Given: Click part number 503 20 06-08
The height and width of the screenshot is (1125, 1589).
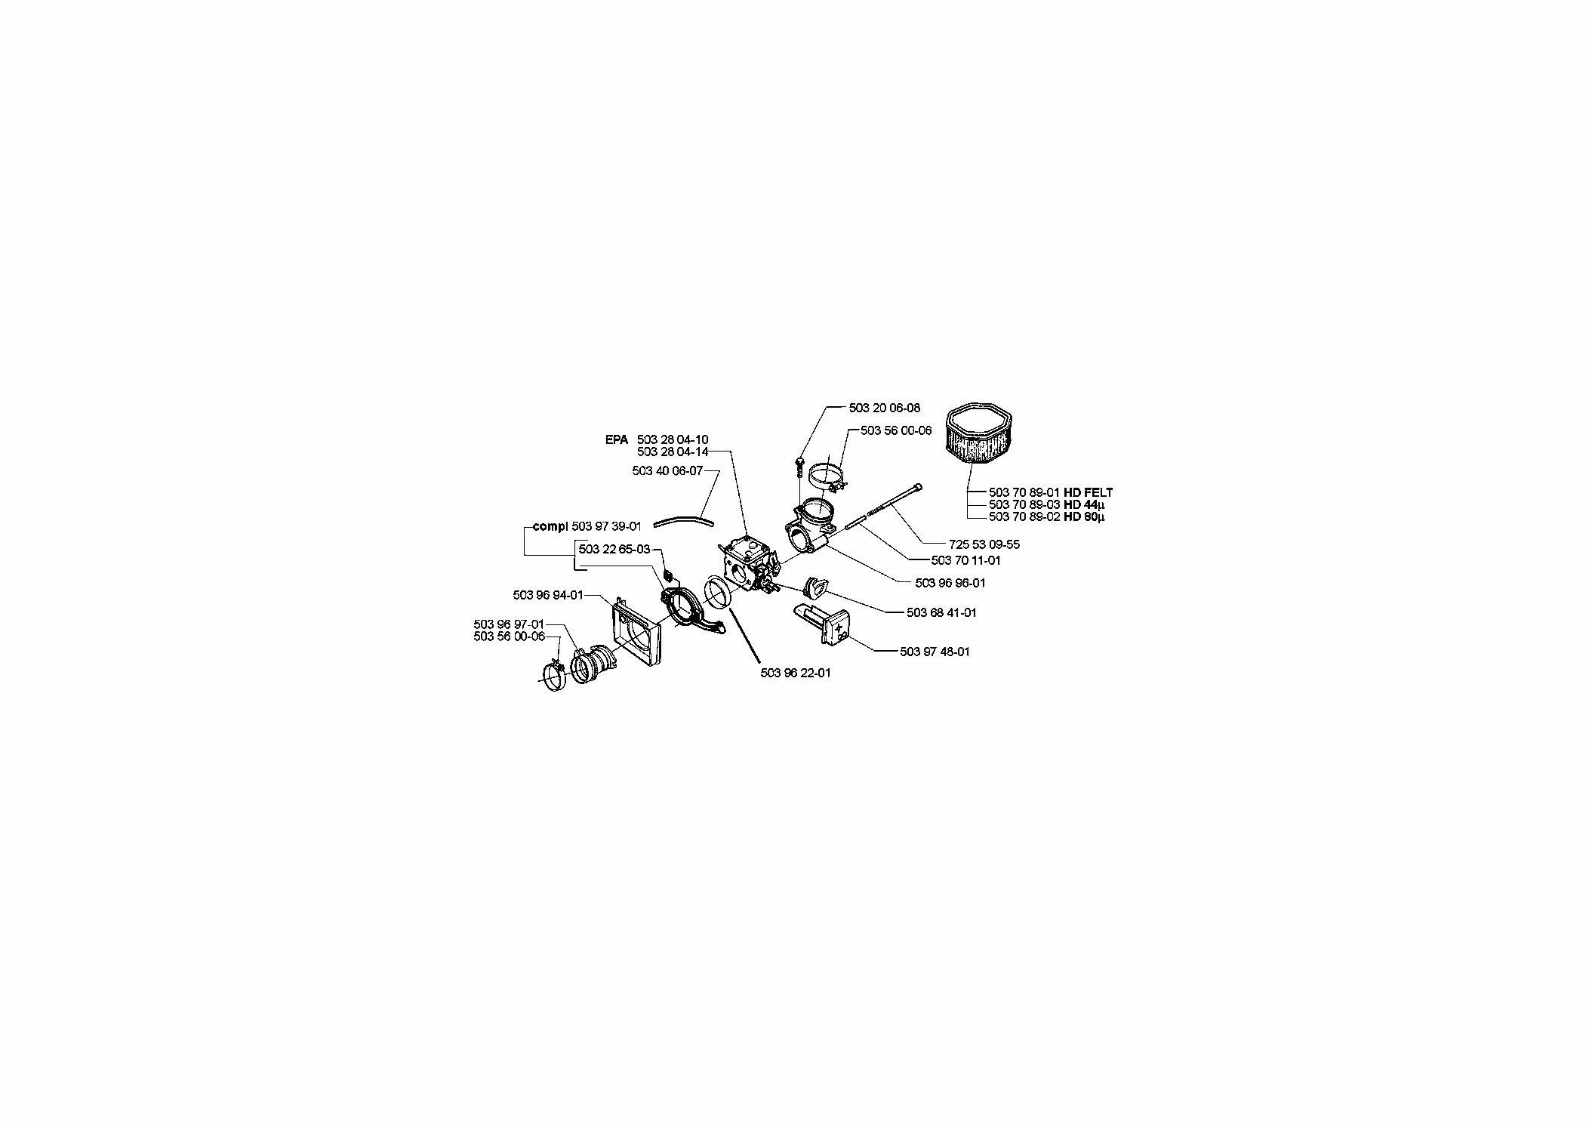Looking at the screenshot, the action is [x=884, y=408].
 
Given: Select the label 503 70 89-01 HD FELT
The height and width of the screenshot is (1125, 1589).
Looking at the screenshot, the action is [x=1051, y=492].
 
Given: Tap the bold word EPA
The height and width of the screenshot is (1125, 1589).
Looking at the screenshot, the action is [x=616, y=439].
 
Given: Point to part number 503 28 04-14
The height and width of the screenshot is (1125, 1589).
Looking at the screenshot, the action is [x=673, y=452].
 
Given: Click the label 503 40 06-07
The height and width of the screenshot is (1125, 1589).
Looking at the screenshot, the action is [x=667, y=470].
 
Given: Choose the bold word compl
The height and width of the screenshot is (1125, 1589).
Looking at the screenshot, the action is [x=550, y=526].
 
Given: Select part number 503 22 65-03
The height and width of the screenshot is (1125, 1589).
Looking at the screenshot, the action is [x=614, y=549].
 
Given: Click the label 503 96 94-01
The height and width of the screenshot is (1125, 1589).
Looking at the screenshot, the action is [x=548, y=595].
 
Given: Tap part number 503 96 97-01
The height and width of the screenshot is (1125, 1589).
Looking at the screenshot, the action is [x=509, y=624].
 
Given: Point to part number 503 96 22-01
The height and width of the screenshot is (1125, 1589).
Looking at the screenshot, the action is [x=796, y=673].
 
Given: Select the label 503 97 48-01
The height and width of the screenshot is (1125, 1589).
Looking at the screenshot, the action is [x=935, y=652].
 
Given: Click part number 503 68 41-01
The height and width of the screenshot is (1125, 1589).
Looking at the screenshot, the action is [x=941, y=612].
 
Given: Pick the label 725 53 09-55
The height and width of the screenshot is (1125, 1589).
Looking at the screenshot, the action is [x=984, y=544].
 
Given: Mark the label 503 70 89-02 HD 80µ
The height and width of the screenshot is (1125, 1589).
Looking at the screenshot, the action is [x=1046, y=516].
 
